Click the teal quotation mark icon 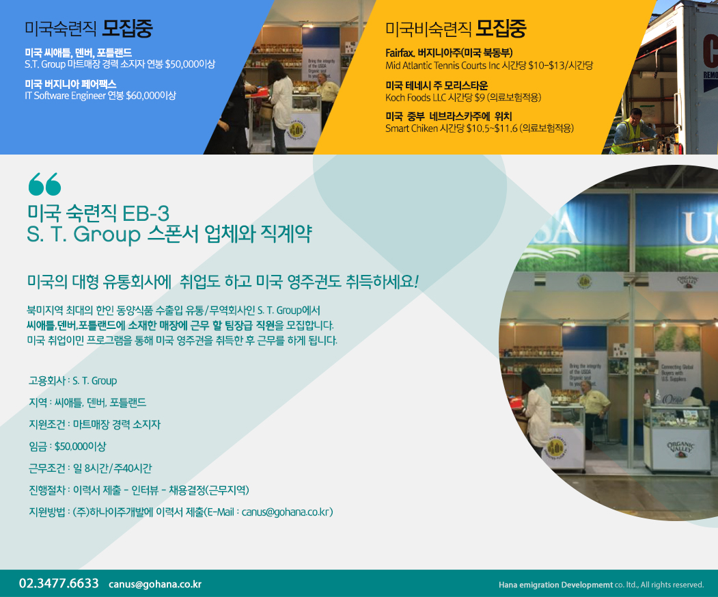[x=44, y=184]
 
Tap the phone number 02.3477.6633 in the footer [x=59, y=583]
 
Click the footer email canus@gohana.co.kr [x=155, y=584]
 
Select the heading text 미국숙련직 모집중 [x=88, y=29]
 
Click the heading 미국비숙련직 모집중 [x=456, y=29]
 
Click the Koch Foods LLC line [x=463, y=97]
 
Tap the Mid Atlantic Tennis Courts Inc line [x=488, y=66]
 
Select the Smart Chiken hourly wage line [x=479, y=129]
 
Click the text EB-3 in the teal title [x=146, y=213]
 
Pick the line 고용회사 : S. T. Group [x=72, y=381]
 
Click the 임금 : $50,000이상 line [x=68, y=446]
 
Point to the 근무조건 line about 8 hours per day [x=89, y=468]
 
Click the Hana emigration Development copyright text [x=600, y=585]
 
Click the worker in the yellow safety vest [x=629, y=130]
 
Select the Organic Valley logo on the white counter [x=680, y=447]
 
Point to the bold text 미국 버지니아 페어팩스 [x=70, y=84]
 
